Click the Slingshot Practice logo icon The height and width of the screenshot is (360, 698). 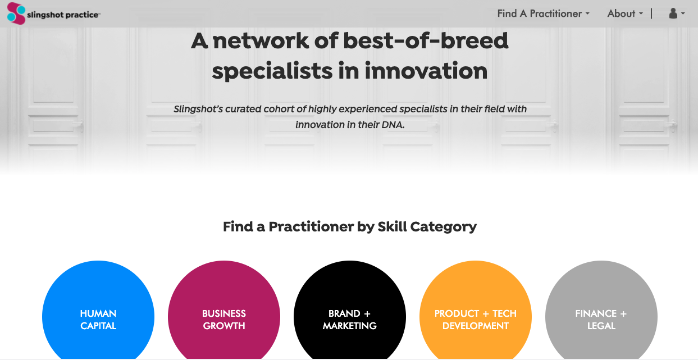click(16, 13)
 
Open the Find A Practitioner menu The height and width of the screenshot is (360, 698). click(543, 13)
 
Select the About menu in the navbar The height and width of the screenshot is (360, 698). click(625, 13)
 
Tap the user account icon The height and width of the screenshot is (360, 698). click(673, 13)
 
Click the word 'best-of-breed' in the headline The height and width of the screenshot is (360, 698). click(426, 40)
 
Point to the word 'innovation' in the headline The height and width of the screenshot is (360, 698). click(426, 71)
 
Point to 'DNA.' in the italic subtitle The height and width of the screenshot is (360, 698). click(393, 125)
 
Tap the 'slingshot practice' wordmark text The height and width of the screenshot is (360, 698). click(63, 15)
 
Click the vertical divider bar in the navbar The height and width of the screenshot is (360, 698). click(651, 13)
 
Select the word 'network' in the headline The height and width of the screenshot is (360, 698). click(261, 40)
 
